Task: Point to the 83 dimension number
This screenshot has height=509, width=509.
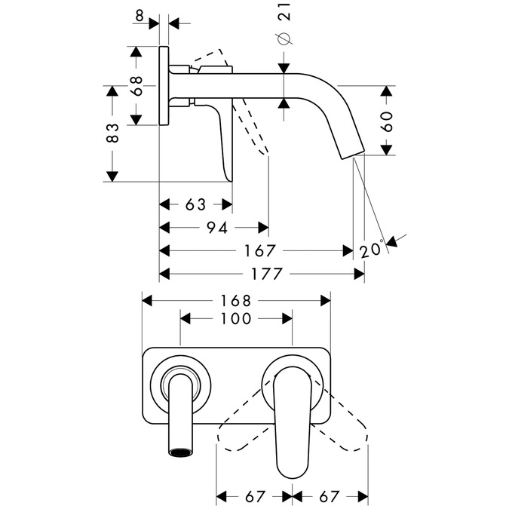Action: pyautogui.click(x=112, y=133)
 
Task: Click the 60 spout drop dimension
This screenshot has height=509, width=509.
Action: pyautogui.click(x=386, y=121)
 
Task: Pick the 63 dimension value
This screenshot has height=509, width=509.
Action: pyautogui.click(x=195, y=204)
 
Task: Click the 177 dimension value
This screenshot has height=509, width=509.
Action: pyautogui.click(x=264, y=274)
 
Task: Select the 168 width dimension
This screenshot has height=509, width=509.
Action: pyautogui.click(x=237, y=300)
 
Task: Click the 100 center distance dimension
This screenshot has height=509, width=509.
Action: pyautogui.click(x=236, y=319)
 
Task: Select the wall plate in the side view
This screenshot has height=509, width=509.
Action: pyautogui.click(x=164, y=87)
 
